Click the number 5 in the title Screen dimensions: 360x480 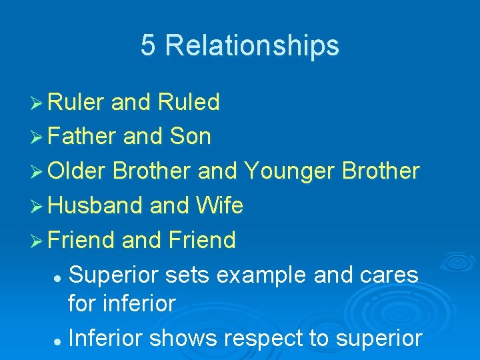[x=149, y=46]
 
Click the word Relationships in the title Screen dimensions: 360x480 [x=252, y=46]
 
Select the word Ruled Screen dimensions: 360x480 [x=189, y=103]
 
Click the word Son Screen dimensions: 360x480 [x=191, y=137]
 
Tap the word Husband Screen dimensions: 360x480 [x=96, y=205]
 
